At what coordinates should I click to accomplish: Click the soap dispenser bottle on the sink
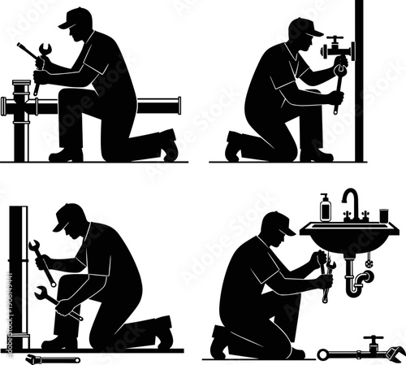[325, 209]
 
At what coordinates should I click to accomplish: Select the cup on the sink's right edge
[385, 215]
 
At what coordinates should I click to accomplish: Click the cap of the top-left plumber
[76, 17]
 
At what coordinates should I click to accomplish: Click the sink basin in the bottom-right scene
[349, 236]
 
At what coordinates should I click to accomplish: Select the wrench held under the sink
[324, 276]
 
